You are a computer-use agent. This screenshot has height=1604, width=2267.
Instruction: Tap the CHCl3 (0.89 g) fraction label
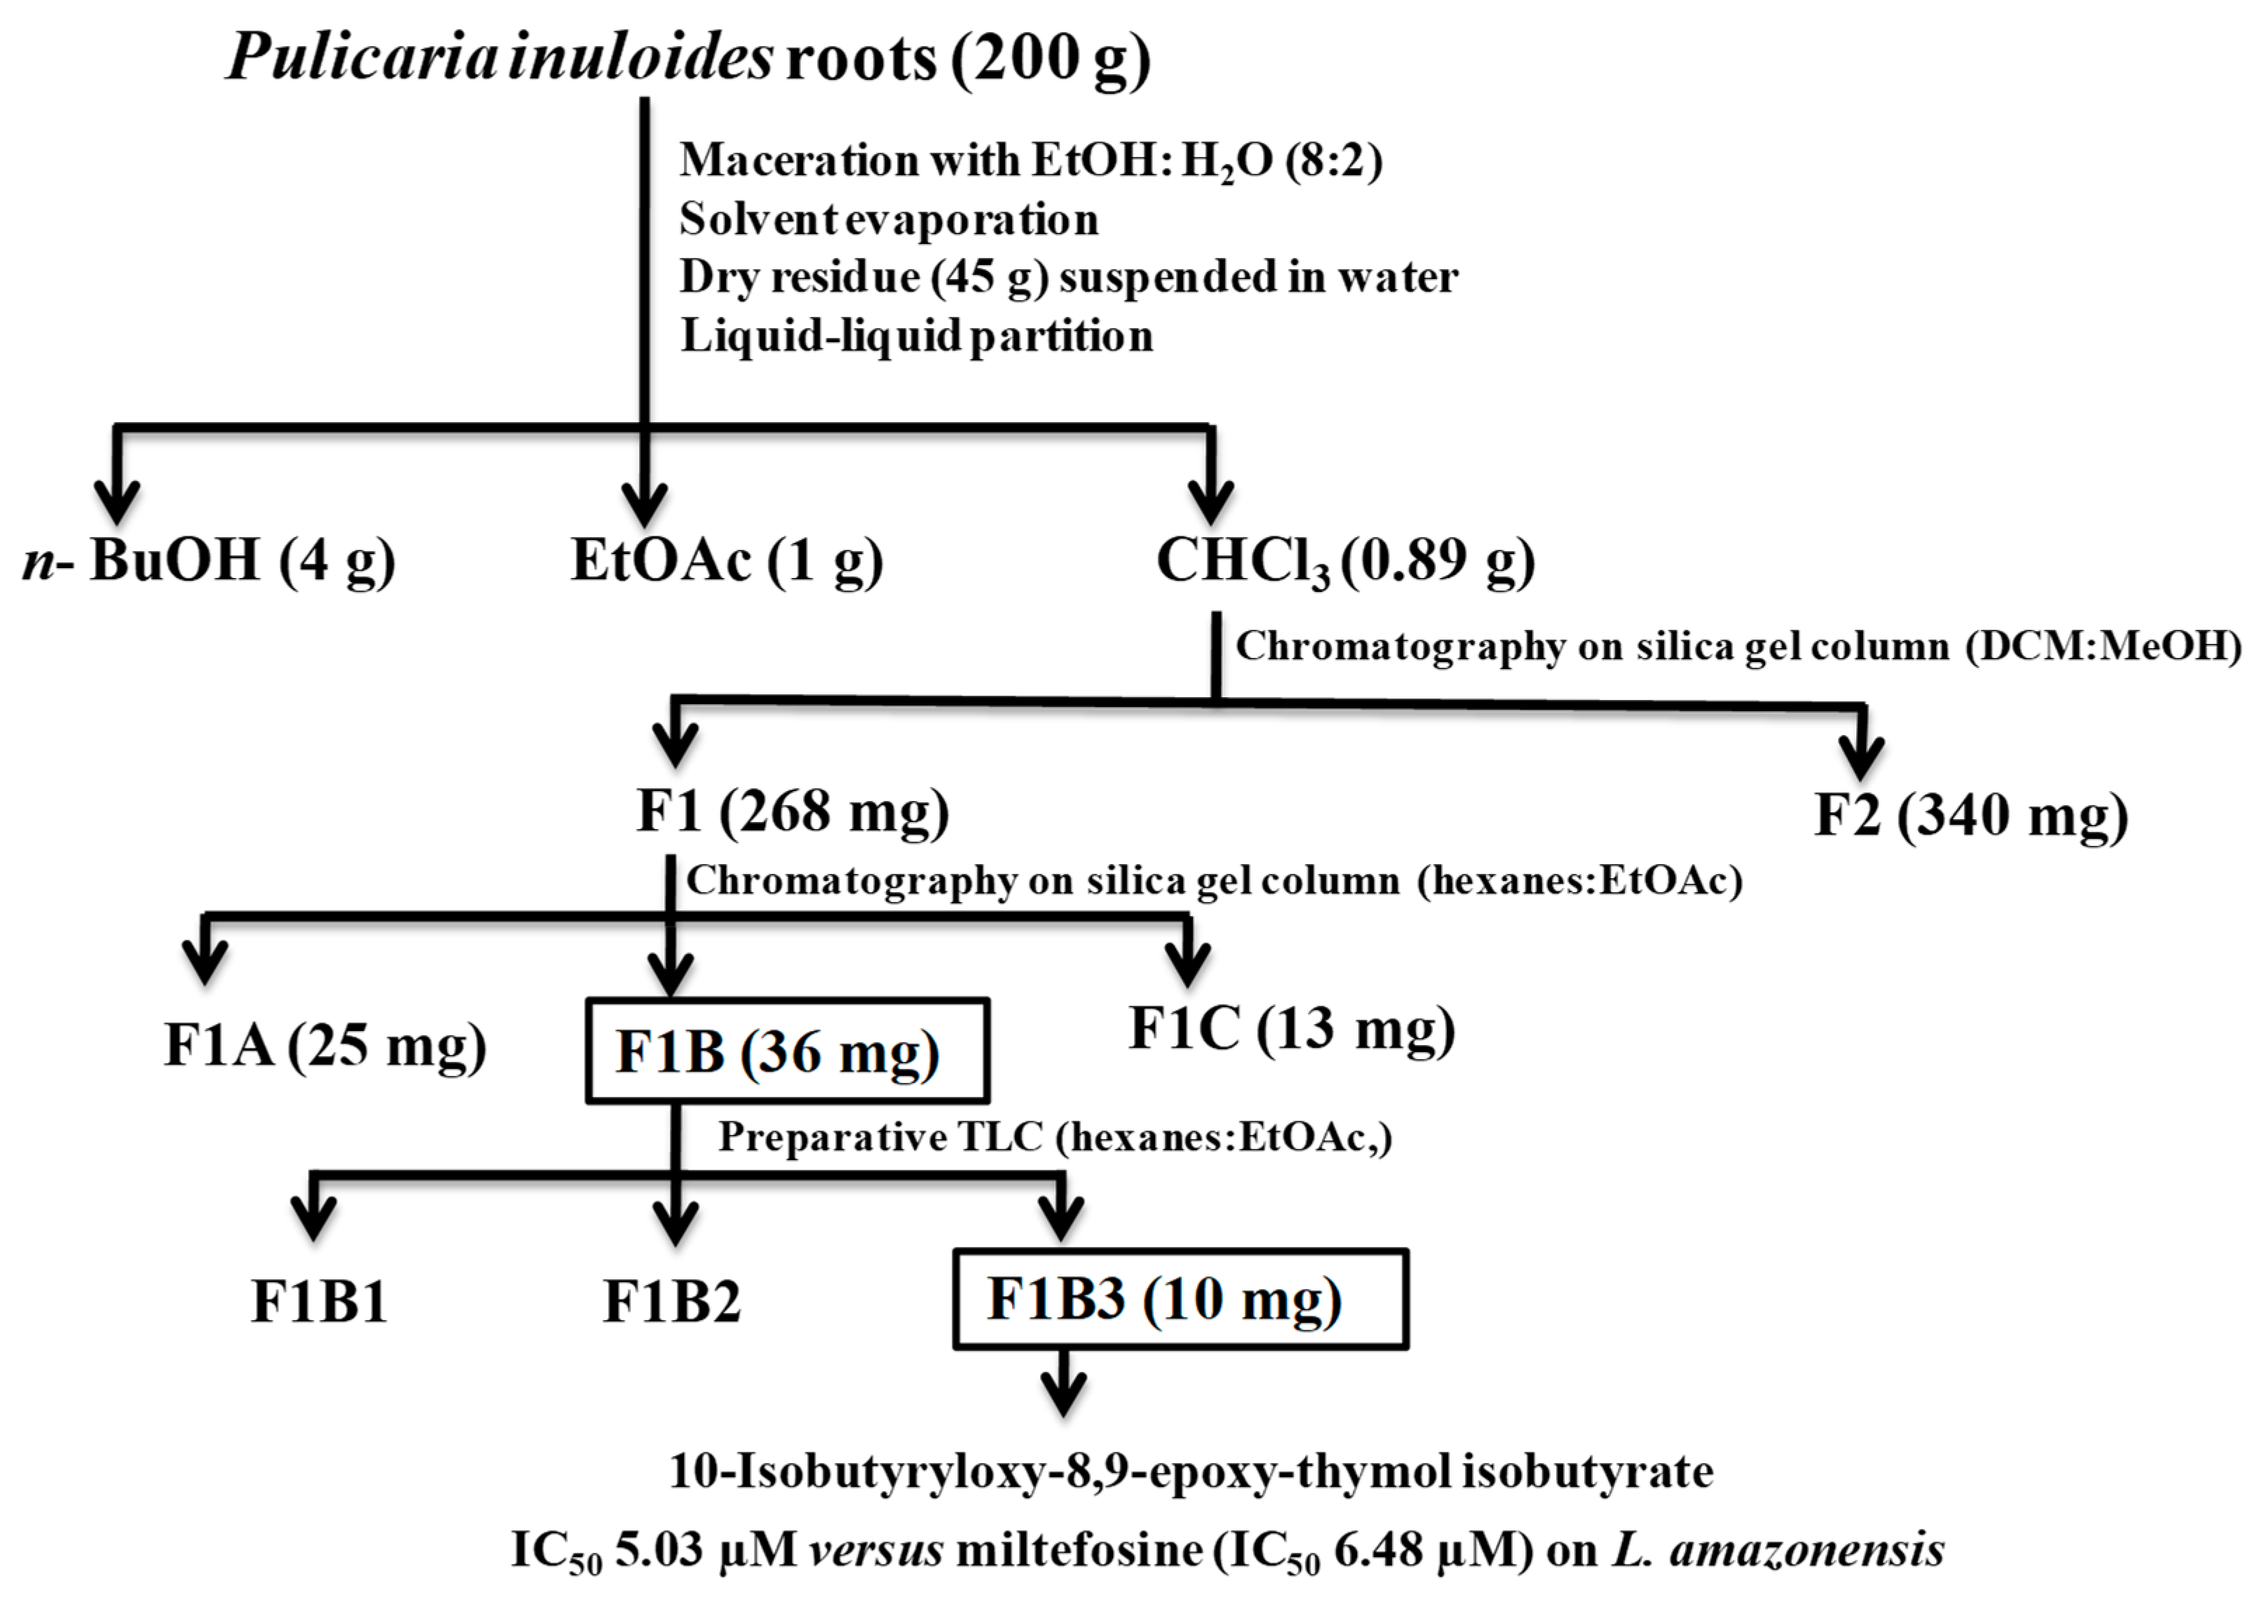pyautogui.click(x=1344, y=561)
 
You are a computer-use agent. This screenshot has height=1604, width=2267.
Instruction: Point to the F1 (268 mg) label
pyautogui.click(x=793, y=812)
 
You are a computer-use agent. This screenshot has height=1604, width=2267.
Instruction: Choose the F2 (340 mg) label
pyautogui.click(x=1970, y=816)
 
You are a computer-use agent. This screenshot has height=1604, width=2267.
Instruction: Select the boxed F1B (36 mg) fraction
pyautogui.click(x=787, y=1051)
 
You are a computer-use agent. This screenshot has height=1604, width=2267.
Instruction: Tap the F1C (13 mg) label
pyautogui.click(x=1291, y=1029)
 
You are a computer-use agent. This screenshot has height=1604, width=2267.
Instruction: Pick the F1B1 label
pyautogui.click(x=319, y=1302)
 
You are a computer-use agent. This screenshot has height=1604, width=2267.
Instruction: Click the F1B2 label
pyautogui.click(x=672, y=1302)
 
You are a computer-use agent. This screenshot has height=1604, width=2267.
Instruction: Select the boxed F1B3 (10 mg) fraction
pyautogui.click(x=1180, y=1300)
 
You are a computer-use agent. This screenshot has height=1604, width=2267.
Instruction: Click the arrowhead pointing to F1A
pyautogui.click(x=205, y=962)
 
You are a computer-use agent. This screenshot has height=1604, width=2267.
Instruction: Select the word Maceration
pyautogui.click(x=798, y=160)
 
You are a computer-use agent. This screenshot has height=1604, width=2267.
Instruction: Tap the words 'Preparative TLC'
pyautogui.click(x=880, y=1138)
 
